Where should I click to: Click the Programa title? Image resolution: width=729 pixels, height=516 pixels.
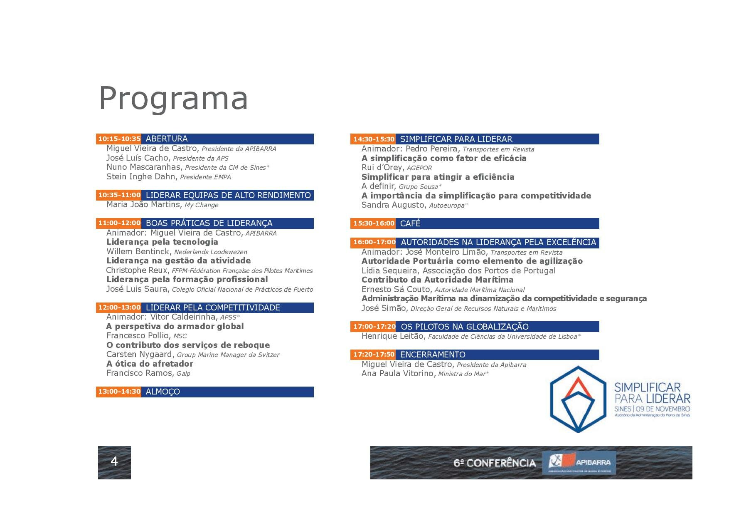point(173,98)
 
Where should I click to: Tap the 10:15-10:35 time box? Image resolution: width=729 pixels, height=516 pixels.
point(119,139)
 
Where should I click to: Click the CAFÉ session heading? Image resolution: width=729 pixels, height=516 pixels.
point(410,223)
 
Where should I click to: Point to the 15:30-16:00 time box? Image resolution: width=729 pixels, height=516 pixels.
point(373,223)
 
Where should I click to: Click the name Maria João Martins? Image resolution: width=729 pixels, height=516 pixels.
point(143,204)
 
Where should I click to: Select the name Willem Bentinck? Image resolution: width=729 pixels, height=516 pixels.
point(138,251)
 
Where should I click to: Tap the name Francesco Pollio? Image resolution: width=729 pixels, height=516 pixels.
point(138,335)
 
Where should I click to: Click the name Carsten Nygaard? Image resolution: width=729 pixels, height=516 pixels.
point(139,354)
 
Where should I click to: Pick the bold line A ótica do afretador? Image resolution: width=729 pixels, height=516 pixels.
point(150,364)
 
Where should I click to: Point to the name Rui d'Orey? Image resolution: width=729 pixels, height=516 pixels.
point(382,167)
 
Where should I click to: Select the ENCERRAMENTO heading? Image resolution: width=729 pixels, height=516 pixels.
point(433,355)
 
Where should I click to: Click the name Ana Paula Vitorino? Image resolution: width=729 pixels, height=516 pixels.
point(397,373)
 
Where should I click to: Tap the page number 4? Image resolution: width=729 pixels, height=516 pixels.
point(114,461)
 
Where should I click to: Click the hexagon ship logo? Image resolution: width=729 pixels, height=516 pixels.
point(578,399)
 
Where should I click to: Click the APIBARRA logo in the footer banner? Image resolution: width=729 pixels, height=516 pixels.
point(579,462)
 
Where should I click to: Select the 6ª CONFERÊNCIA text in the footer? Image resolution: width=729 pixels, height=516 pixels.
point(495,463)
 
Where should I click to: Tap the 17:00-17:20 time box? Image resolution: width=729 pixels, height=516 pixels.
point(373,327)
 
